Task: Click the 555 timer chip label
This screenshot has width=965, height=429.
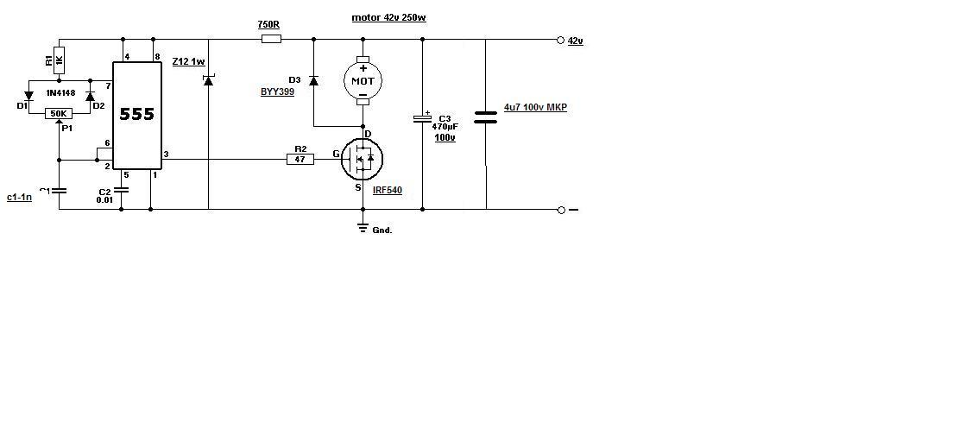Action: tap(136, 114)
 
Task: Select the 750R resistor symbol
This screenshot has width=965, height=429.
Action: tap(271, 40)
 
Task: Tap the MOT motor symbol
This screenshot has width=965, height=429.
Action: tap(363, 80)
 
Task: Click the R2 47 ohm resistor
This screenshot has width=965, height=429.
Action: tap(300, 160)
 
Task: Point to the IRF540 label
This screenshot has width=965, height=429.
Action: tap(387, 190)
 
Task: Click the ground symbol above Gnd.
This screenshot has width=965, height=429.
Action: tap(363, 228)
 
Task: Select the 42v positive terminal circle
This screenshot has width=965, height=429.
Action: tap(560, 41)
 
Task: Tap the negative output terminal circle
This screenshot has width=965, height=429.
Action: tap(561, 210)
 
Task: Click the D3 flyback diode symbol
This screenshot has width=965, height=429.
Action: tap(313, 80)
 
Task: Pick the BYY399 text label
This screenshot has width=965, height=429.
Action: tap(278, 91)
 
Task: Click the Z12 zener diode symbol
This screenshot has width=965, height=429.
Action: tap(208, 80)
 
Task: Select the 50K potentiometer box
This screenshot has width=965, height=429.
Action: tap(59, 114)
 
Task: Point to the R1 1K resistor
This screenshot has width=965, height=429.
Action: tap(59, 60)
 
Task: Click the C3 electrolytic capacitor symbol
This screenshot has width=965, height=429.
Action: tap(422, 118)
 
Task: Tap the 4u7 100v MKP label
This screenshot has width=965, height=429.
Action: tap(535, 107)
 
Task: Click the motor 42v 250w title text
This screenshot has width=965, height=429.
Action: tap(389, 18)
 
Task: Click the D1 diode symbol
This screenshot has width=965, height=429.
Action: tap(28, 96)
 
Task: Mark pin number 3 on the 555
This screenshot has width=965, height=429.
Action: tap(167, 155)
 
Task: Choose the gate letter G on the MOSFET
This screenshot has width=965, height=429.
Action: tap(336, 154)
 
